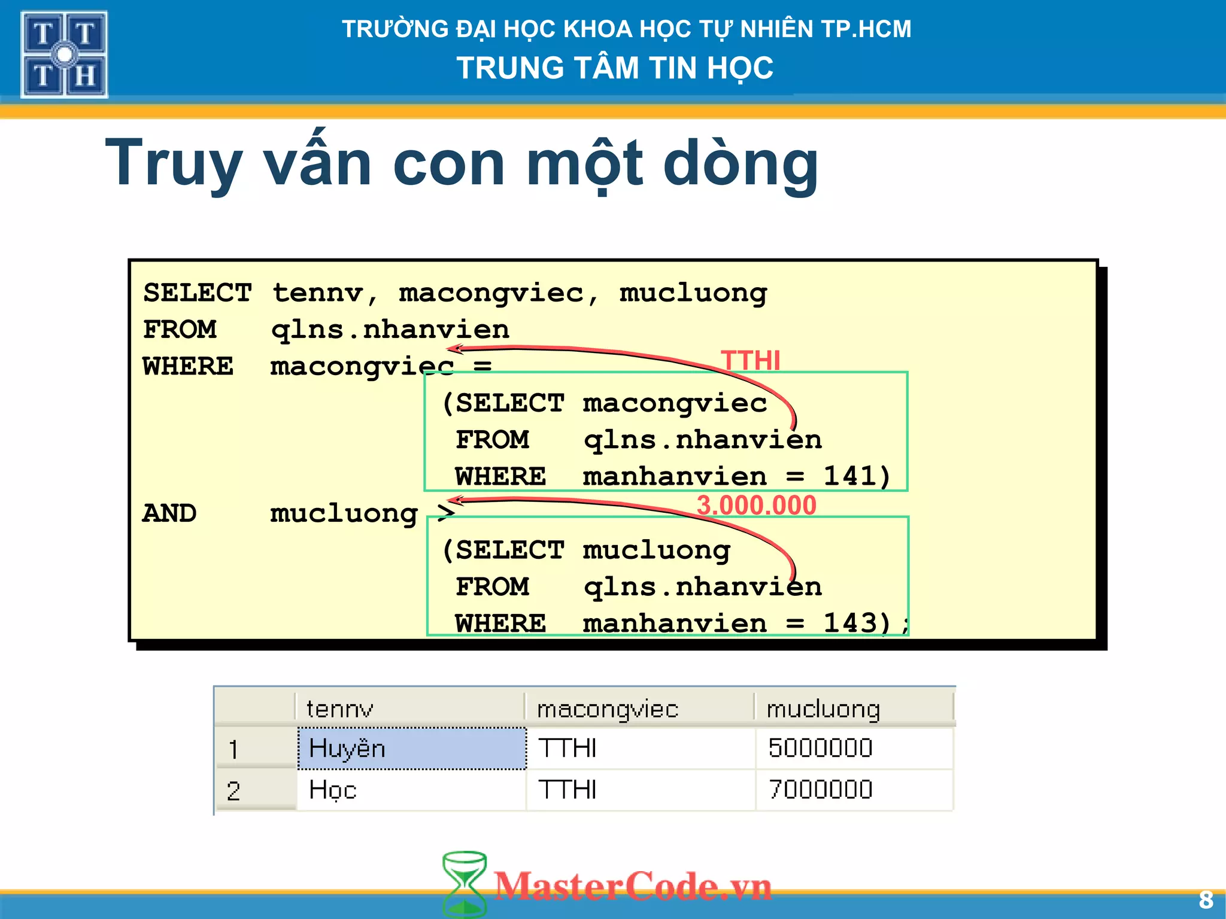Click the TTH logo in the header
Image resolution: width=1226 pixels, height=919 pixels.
point(64,54)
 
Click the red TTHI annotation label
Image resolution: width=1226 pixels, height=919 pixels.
point(751,360)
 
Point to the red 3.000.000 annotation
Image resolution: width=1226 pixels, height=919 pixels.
point(756,506)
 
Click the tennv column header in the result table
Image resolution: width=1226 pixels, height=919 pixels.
point(339,709)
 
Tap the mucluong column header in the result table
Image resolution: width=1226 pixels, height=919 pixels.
point(823,709)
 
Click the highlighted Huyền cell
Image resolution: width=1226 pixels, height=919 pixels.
point(412,748)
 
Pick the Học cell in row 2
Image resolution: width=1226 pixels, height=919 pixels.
point(333,790)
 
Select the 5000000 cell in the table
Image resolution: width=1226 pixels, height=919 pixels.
point(820,748)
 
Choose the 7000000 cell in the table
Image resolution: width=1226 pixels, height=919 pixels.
point(820,790)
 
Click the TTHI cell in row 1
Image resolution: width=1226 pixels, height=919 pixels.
point(568,748)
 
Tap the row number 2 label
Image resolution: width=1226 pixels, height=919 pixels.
point(233,791)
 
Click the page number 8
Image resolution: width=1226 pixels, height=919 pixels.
point(1206,900)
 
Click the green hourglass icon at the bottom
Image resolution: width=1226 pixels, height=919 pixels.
point(464,884)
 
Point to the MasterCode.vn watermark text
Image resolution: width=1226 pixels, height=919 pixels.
point(633,886)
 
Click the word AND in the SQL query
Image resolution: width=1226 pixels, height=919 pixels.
point(169,513)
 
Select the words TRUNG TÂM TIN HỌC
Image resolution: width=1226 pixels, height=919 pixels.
point(615,68)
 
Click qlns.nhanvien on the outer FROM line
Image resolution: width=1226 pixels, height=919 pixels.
point(390,330)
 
